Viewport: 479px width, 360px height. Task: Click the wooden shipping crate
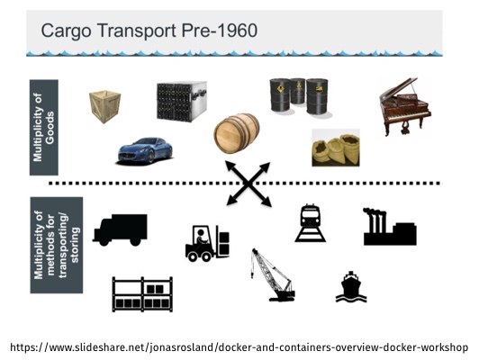[x=104, y=106]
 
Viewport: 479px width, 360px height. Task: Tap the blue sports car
[x=145, y=151]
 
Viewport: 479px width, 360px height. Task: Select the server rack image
[x=182, y=102]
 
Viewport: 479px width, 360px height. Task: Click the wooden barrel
[x=237, y=133]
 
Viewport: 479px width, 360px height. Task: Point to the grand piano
[x=405, y=107]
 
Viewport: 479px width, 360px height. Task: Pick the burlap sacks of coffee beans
[x=336, y=148]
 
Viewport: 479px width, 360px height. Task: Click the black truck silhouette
[x=120, y=229]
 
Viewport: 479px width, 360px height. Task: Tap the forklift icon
[x=207, y=243]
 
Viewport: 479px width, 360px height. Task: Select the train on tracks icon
[x=311, y=223]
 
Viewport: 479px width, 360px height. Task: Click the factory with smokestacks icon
[x=390, y=227]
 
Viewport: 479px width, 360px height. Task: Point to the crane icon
[x=273, y=274]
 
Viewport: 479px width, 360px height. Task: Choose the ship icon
[x=351, y=287]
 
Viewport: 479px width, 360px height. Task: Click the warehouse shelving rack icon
[x=142, y=294]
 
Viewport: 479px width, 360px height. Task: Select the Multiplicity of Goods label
[x=44, y=127]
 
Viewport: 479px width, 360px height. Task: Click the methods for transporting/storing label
[x=57, y=245]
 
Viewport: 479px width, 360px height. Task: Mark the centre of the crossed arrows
[x=249, y=184]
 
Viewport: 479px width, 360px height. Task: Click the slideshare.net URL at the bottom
[x=239, y=347]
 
